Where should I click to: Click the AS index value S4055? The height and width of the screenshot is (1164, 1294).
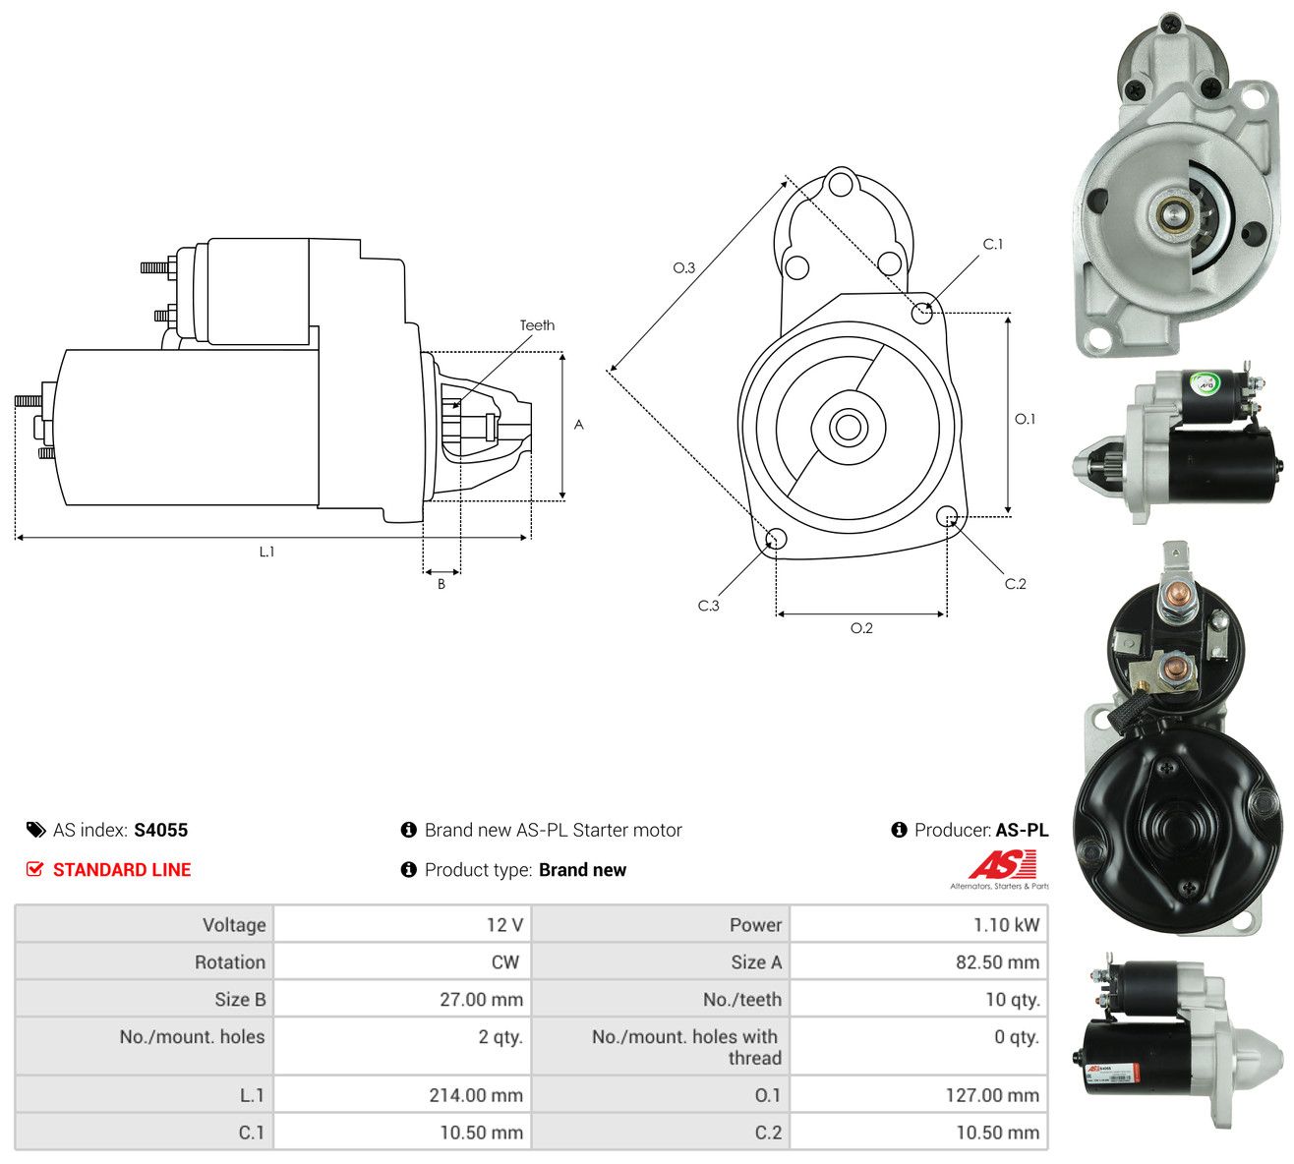pyautogui.click(x=160, y=830)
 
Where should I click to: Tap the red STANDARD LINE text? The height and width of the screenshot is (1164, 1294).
pyautogui.click(x=122, y=870)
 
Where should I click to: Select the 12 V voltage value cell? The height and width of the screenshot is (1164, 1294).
pyautogui.click(x=401, y=925)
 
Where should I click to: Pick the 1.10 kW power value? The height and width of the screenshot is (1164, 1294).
pyautogui.click(x=1006, y=925)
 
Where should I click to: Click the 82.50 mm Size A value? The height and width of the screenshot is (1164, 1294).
pyautogui.click(x=997, y=962)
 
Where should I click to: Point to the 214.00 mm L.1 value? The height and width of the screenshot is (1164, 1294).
pyautogui.click(x=475, y=1095)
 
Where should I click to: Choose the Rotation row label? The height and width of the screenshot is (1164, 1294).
pyautogui.click(x=230, y=962)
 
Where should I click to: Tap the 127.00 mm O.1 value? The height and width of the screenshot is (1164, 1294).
pyautogui.click(x=992, y=1095)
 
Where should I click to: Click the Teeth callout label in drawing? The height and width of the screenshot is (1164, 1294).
pyautogui.click(x=537, y=325)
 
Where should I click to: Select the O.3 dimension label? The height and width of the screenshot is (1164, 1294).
pyautogui.click(x=683, y=267)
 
